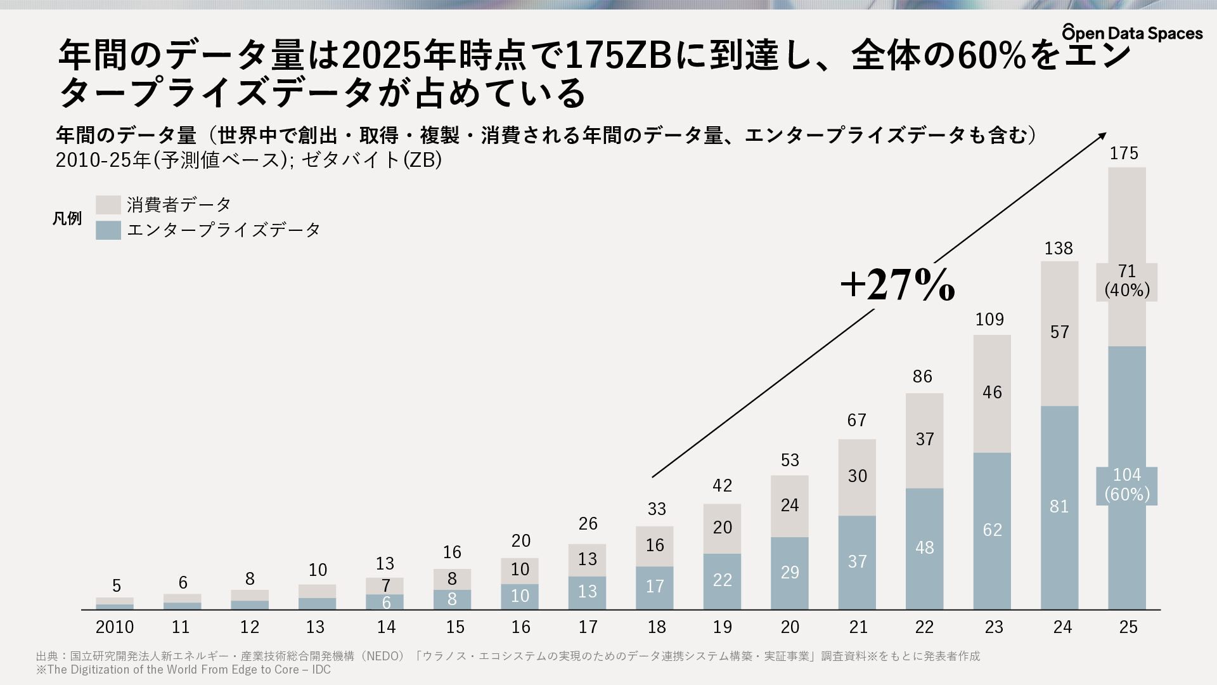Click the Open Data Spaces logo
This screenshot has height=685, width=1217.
(x=1132, y=32)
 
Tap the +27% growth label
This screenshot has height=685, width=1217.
(x=897, y=284)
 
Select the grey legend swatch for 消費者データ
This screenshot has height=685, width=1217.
(x=108, y=205)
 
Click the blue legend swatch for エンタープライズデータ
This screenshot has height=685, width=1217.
(x=108, y=230)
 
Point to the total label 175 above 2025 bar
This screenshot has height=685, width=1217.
(x=1124, y=153)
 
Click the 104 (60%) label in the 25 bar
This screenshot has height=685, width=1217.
(x=1127, y=485)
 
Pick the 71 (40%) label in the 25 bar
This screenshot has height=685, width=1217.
(x=1127, y=281)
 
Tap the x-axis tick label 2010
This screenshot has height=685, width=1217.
(x=115, y=627)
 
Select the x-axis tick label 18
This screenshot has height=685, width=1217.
(x=657, y=627)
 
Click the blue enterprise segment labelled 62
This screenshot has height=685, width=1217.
(x=992, y=531)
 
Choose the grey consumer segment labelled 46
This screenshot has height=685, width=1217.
(x=992, y=394)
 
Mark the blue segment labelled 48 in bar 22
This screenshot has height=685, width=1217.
(x=924, y=549)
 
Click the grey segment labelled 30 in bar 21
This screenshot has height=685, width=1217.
(x=857, y=477)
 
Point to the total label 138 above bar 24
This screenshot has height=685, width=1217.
(x=1059, y=249)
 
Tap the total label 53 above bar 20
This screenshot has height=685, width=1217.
(x=790, y=460)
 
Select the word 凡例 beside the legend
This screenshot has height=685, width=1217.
(x=67, y=219)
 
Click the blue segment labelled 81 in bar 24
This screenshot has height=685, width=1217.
(x=1059, y=507)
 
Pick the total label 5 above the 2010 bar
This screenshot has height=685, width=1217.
(x=117, y=585)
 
